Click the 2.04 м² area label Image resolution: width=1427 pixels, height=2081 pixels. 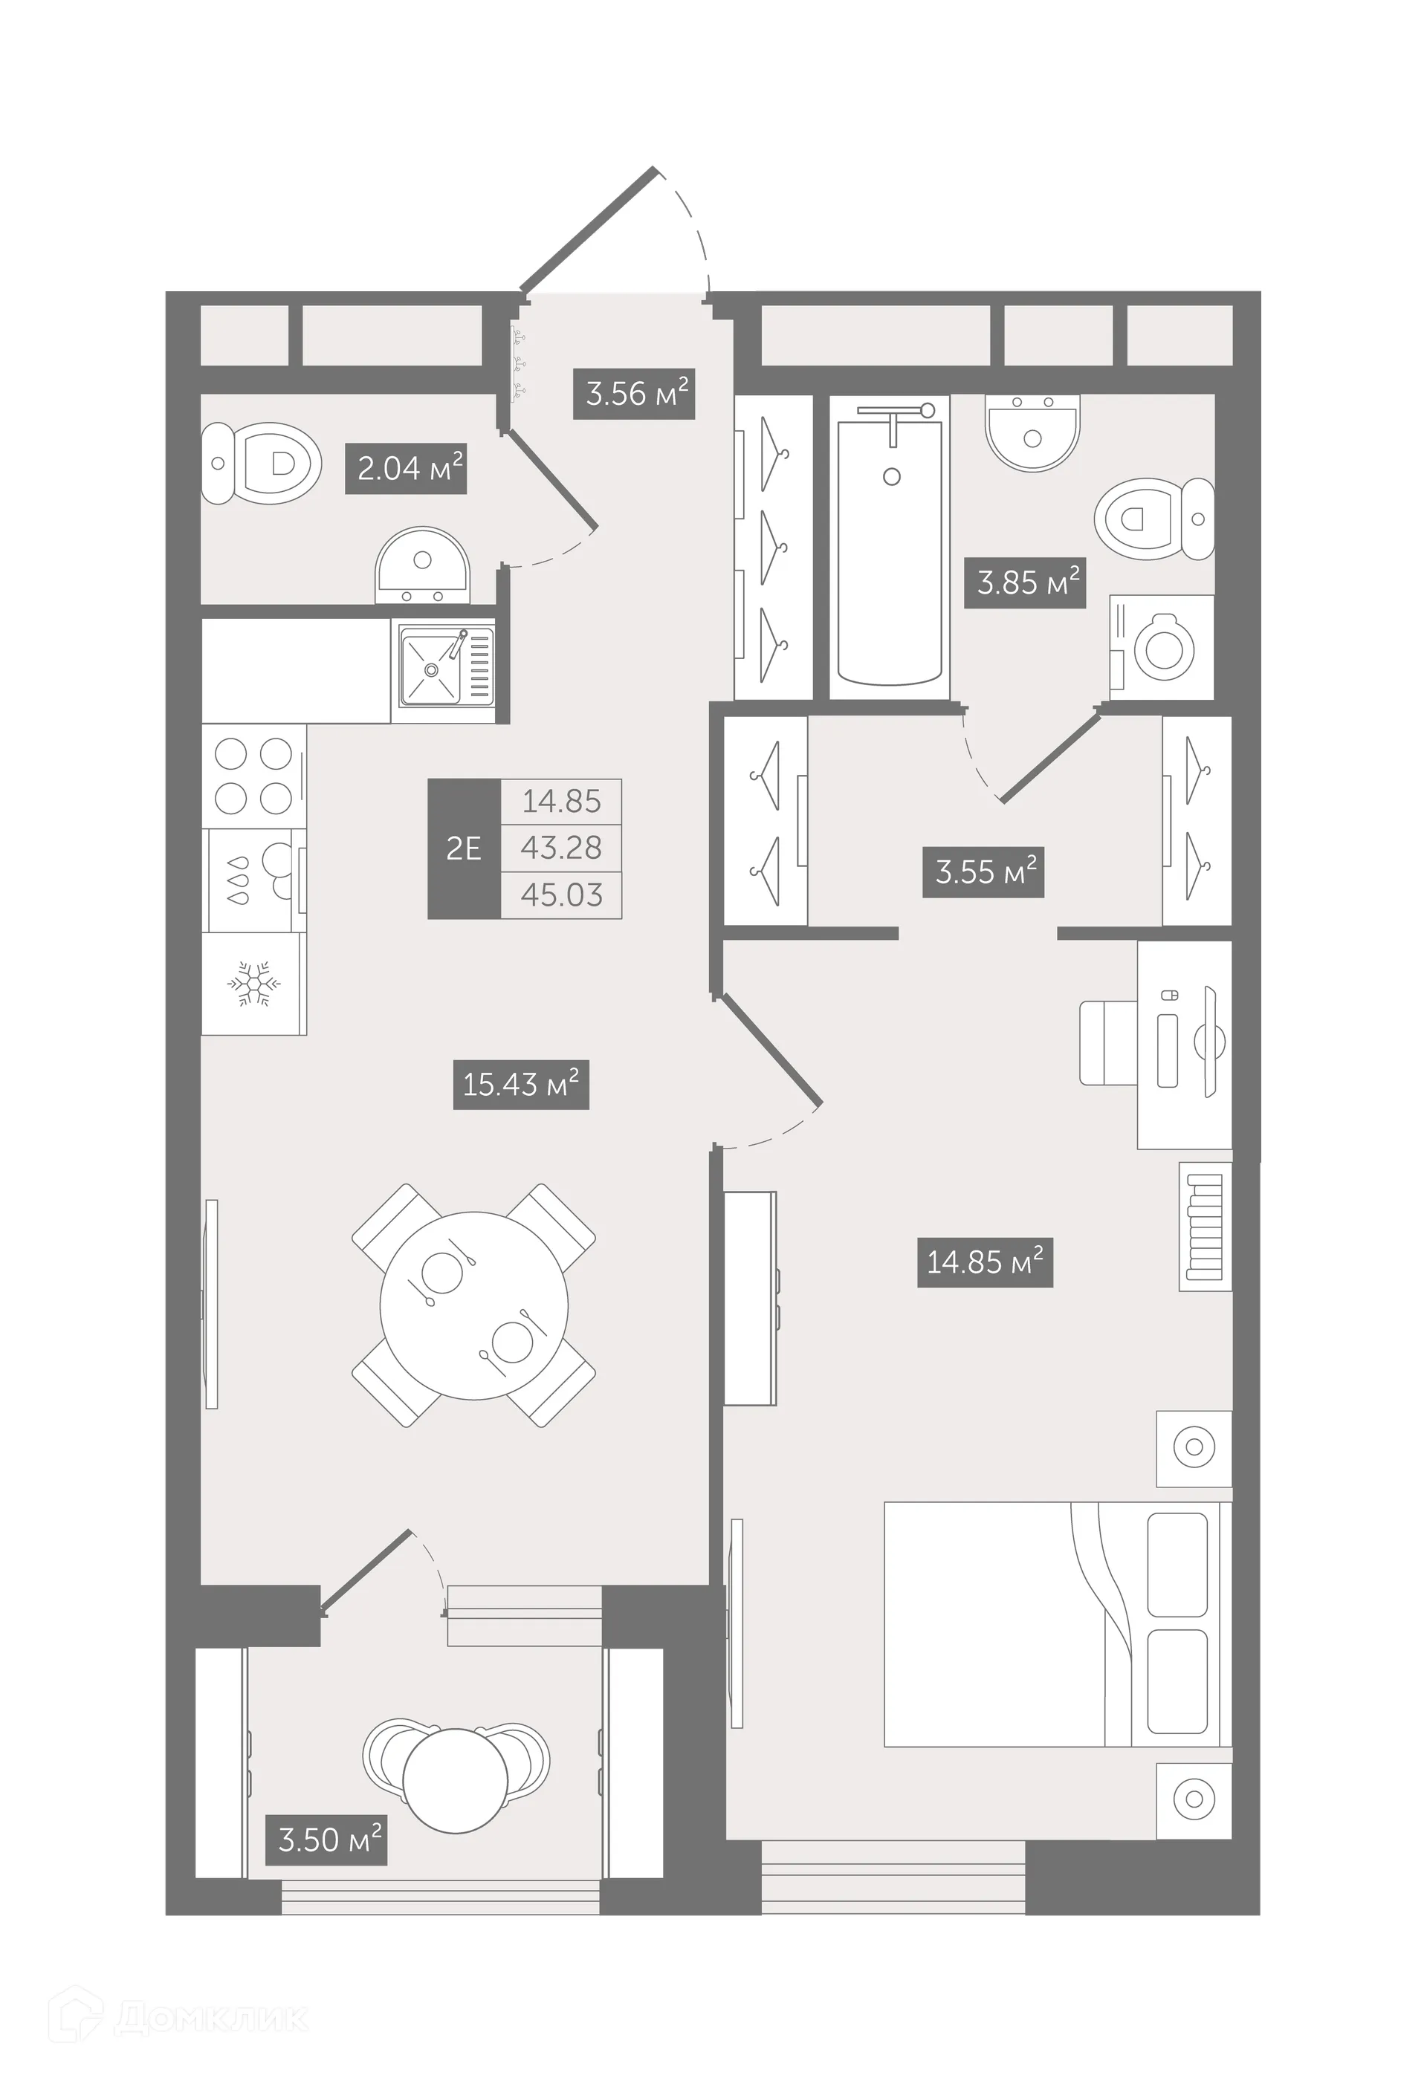[x=406, y=468]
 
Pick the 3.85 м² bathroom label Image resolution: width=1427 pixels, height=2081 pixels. [x=1025, y=583]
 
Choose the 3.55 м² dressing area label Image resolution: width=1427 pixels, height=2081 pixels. [x=983, y=871]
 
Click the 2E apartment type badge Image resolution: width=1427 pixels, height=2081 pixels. [x=463, y=848]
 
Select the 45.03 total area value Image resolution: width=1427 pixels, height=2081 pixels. [x=562, y=895]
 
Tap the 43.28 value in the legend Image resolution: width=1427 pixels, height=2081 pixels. [x=562, y=847]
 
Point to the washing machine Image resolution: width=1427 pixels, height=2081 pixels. [x=1162, y=647]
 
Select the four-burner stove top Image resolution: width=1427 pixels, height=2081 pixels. [x=253, y=776]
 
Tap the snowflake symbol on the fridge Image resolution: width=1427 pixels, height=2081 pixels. [x=253, y=984]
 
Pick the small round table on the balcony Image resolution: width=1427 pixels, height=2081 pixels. [x=455, y=1781]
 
